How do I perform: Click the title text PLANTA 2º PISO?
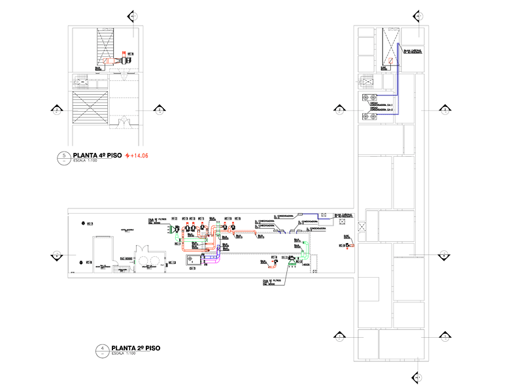pyautogui.click(x=136, y=348)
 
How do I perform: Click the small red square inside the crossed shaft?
pyautogui.click(x=390, y=61)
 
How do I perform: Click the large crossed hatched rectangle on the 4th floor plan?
pyautogui.click(x=91, y=107)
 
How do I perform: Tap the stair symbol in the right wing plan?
pyautogui.click(x=365, y=82)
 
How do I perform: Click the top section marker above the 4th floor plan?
pyautogui.click(x=133, y=16)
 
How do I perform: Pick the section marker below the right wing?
pyautogui.click(x=416, y=377)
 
